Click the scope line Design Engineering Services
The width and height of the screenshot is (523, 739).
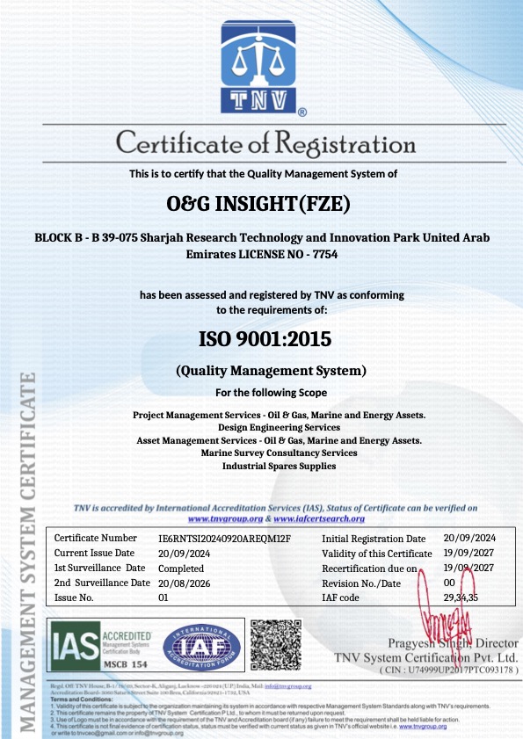tap(279, 427)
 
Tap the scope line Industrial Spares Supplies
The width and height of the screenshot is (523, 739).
tap(279, 466)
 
